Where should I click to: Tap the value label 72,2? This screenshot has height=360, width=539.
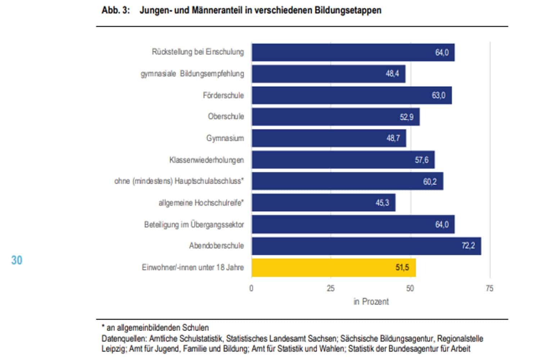[x=468, y=246]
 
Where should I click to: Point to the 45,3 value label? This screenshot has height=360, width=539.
[x=382, y=203]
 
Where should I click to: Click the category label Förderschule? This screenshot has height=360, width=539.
[x=223, y=95]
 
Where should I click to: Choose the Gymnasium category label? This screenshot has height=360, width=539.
[x=225, y=138]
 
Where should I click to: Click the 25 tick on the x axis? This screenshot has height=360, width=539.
[x=331, y=288]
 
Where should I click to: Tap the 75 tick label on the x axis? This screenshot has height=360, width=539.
[x=489, y=288]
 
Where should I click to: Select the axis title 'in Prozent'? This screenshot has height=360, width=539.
[x=371, y=302]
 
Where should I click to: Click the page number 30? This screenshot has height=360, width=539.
[x=17, y=260]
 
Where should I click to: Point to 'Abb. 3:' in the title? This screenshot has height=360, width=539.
[x=116, y=10]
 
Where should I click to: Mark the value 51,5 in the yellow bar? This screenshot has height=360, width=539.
[x=402, y=267]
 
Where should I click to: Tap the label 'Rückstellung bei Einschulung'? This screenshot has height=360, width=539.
[x=198, y=52]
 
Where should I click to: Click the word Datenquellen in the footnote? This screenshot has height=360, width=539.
[x=124, y=339]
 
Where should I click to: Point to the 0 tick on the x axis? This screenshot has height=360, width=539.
[x=251, y=288]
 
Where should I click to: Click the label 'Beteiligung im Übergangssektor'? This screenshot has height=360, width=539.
[x=194, y=225]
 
